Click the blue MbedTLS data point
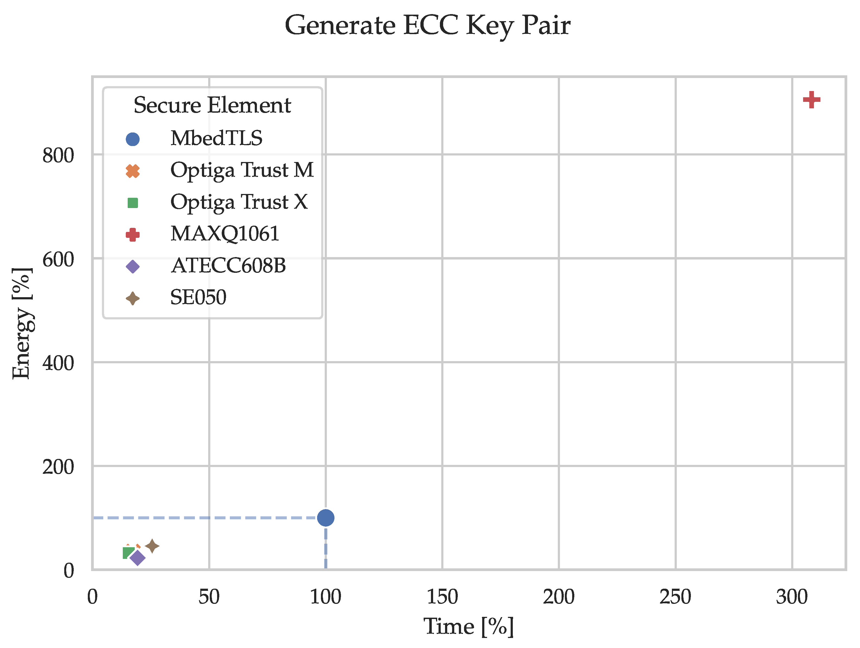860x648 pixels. click(326, 518)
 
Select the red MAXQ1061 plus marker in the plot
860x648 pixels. click(811, 100)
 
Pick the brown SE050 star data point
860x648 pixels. click(152, 546)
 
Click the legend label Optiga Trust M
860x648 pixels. click(242, 170)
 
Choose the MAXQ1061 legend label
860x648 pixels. click(225, 234)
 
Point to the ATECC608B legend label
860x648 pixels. click(228, 266)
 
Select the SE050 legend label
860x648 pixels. click(198, 297)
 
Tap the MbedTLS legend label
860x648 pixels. click(217, 138)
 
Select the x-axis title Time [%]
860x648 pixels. click(469, 627)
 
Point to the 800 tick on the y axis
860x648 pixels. click(58, 155)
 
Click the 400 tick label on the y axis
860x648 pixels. click(58, 363)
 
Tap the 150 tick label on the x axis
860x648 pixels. click(442, 597)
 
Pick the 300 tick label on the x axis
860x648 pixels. click(792, 597)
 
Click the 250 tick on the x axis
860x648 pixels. click(675, 597)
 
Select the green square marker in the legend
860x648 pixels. click(133, 203)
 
